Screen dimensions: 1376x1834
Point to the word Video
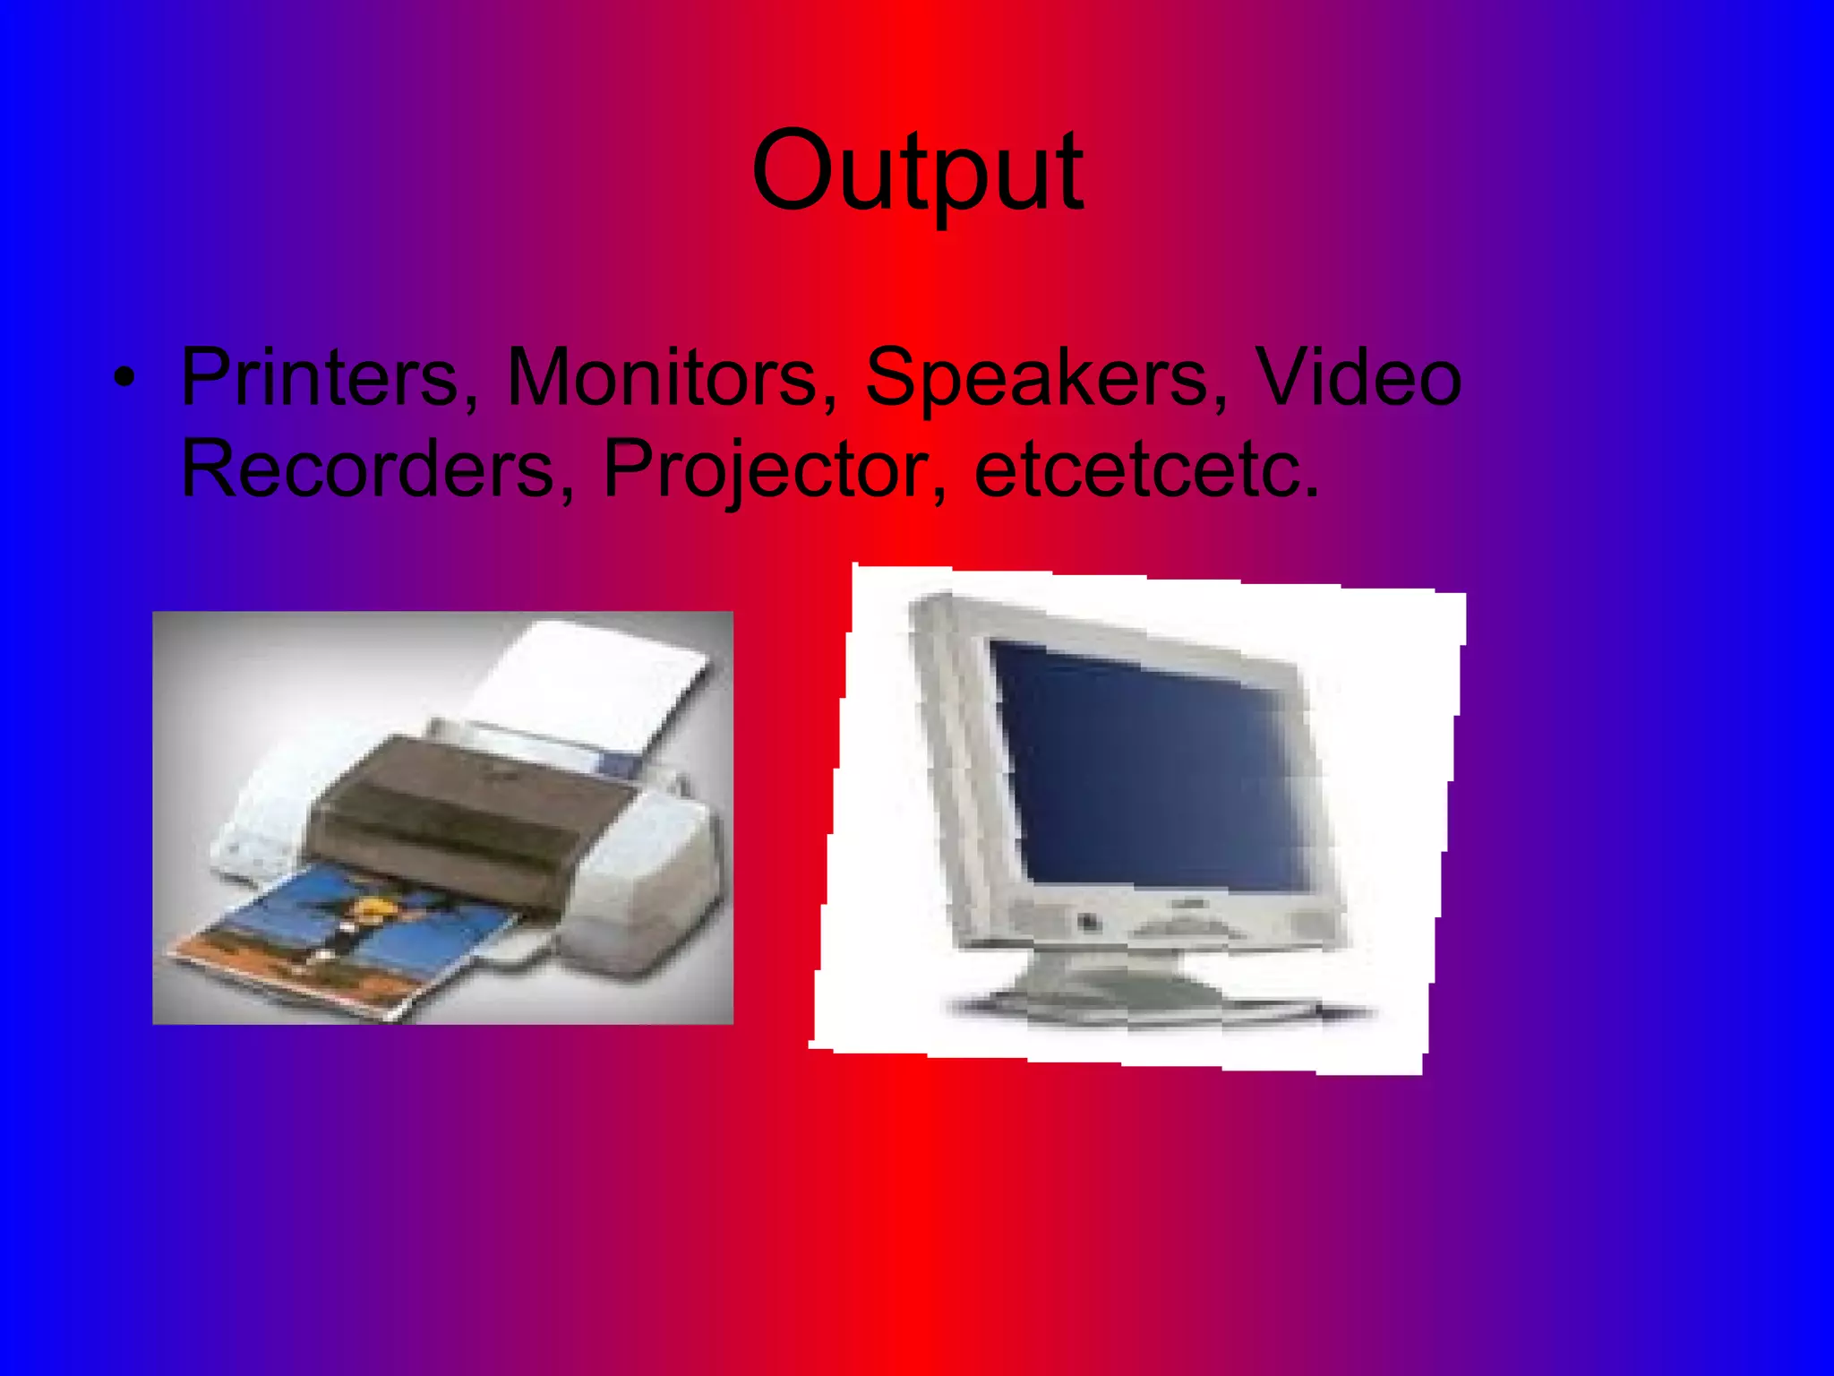click(x=1358, y=377)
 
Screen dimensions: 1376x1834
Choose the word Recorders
click(x=367, y=469)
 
